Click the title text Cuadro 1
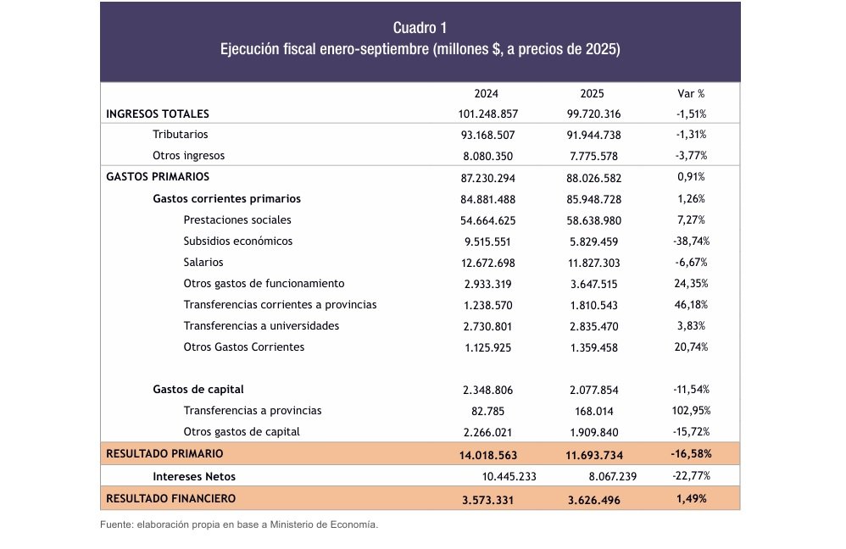pyautogui.click(x=420, y=27)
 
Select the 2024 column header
pyautogui.click(x=487, y=94)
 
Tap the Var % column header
pyautogui.click(x=692, y=94)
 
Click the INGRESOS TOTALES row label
pyautogui.click(x=158, y=114)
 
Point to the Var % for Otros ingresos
pyautogui.click(x=692, y=156)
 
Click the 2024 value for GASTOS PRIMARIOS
pyautogui.click(x=487, y=178)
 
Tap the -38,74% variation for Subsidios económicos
pyautogui.click(x=692, y=241)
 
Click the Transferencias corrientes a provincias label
pyautogui.click(x=280, y=305)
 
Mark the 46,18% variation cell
pyautogui.click(x=692, y=305)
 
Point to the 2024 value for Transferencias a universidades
pyautogui.click(x=487, y=326)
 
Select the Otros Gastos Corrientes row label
pyautogui.click(x=243, y=347)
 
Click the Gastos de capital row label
pyautogui.click(x=198, y=390)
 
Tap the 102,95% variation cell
pyautogui.click(x=692, y=411)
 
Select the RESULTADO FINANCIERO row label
pyautogui.click(x=170, y=498)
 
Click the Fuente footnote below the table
pyautogui.click(x=239, y=525)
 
